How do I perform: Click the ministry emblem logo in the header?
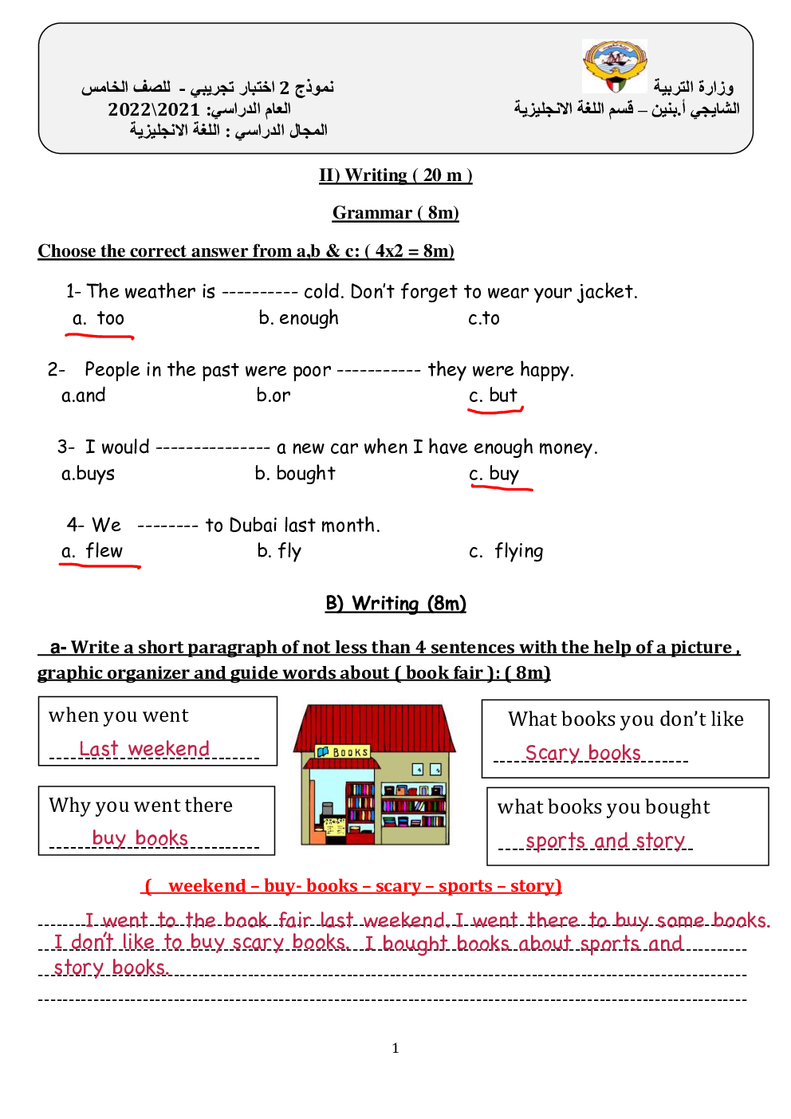pos(614,66)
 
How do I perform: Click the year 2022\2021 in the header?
pos(154,109)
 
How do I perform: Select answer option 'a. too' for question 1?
pos(99,319)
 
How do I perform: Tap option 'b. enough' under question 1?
pos(298,318)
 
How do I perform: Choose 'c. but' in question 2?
pos(494,396)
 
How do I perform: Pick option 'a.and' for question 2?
pos(84,396)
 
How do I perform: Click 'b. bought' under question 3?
pos(295,474)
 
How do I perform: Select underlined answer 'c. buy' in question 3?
pos(494,474)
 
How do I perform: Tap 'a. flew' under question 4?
pos(92,551)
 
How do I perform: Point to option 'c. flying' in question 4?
pos(506,551)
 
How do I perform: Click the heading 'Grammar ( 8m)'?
pos(395,213)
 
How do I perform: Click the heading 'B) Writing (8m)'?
pos(395,604)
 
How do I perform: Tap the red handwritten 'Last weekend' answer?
pos(144,749)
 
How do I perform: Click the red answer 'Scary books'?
pos(583,753)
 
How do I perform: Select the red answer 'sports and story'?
pos(605,841)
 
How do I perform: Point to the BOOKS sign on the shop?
pos(344,751)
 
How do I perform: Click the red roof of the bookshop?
pos(374,726)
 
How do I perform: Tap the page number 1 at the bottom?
pos(395,1048)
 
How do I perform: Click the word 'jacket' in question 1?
pos(606,292)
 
